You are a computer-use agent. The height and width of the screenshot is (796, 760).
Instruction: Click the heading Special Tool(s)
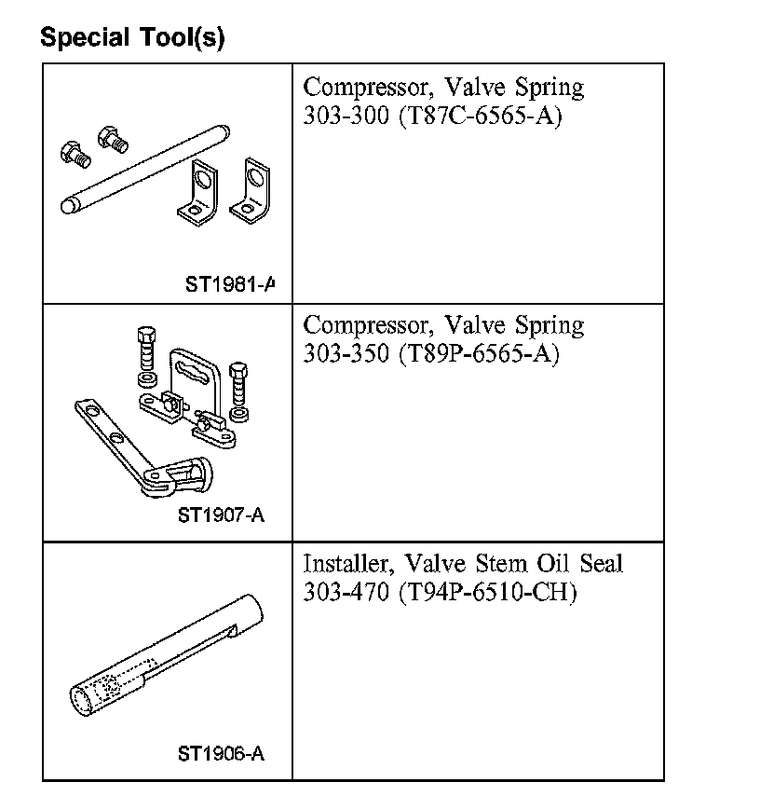132,37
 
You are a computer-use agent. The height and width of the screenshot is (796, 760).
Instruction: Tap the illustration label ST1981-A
230,284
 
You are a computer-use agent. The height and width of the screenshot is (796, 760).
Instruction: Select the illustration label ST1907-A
222,515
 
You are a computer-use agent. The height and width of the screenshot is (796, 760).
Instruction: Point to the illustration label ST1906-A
222,753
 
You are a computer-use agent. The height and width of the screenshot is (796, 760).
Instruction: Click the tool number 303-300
346,116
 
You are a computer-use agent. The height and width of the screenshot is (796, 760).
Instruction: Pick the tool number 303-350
346,353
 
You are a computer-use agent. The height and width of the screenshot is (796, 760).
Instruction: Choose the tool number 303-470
346,592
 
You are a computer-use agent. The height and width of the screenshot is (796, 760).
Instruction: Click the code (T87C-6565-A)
481,117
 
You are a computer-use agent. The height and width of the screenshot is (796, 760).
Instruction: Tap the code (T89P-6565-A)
480,354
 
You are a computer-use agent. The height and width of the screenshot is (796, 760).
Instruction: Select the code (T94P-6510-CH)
488,593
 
